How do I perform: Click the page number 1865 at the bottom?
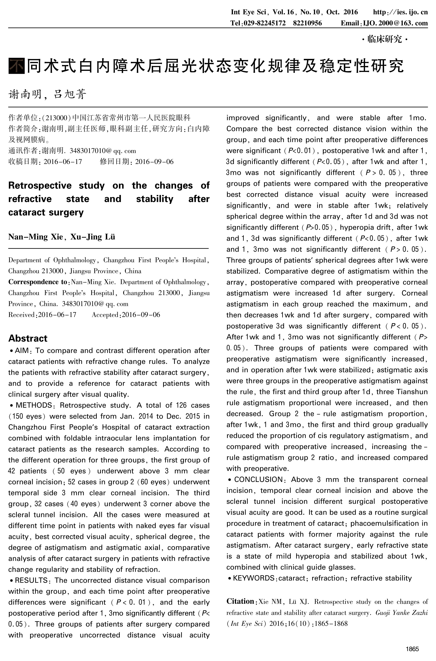(x=412, y=649)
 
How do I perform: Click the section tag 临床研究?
(x=385, y=39)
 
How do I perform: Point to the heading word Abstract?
(x=28, y=338)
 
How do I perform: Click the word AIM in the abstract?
(x=22, y=351)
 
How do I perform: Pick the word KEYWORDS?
(x=254, y=578)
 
